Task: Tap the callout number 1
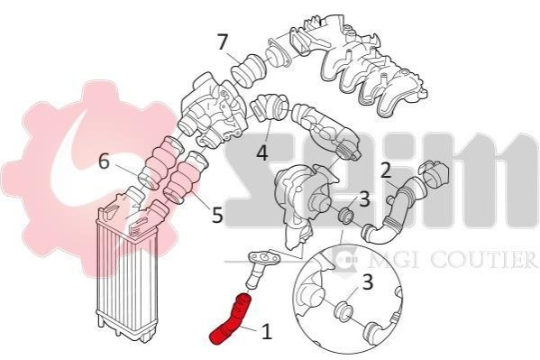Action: click(267, 331)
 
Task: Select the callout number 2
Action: click(385, 172)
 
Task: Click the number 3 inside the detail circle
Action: click(368, 282)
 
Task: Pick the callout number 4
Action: click(262, 152)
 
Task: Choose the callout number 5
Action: click(217, 214)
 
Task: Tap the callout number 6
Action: click(104, 162)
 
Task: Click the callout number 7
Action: click(223, 42)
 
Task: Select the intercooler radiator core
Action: click(127, 276)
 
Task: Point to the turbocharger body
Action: click(297, 203)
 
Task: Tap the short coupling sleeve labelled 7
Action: click(248, 69)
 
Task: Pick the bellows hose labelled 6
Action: click(160, 162)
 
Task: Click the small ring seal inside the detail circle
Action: click(343, 311)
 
